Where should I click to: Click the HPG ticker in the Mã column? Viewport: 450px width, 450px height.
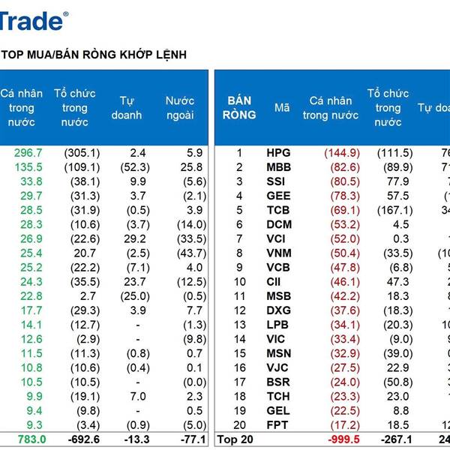(x=278, y=153)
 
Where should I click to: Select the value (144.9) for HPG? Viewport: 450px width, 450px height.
(x=341, y=153)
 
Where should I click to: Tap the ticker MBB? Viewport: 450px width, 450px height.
(x=278, y=167)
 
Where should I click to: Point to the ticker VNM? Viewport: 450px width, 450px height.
(x=278, y=253)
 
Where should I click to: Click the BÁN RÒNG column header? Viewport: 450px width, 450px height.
(x=240, y=108)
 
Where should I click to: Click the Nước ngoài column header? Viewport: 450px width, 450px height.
(x=179, y=108)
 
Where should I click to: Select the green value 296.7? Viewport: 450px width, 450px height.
(x=28, y=153)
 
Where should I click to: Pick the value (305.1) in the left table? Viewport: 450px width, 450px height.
(x=82, y=153)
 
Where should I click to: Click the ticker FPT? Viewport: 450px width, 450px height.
(x=277, y=424)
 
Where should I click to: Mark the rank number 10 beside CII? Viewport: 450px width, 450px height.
(x=239, y=281)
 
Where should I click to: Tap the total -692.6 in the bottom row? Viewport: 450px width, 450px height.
(x=82, y=439)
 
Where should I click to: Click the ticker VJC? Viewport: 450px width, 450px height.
(x=277, y=367)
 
